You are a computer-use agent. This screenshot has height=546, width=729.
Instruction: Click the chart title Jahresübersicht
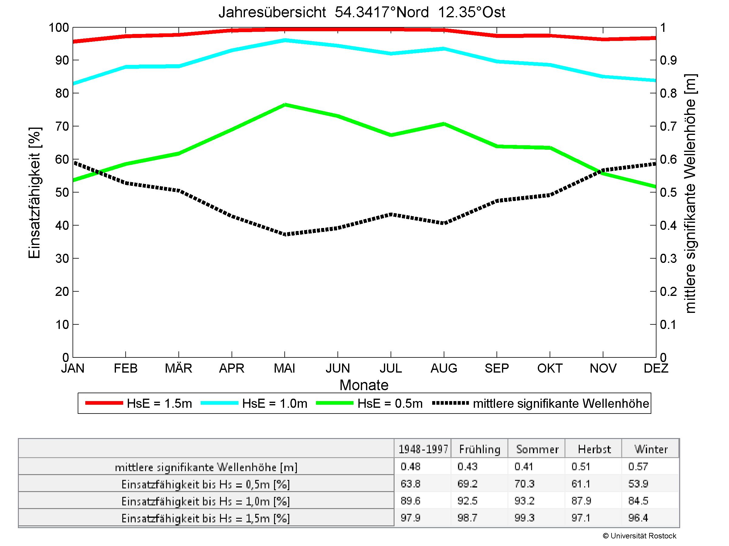pyautogui.click(x=361, y=12)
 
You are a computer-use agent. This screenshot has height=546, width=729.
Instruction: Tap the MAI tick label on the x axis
pyautogui.click(x=284, y=368)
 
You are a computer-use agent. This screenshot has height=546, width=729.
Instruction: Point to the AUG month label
pyautogui.click(x=444, y=368)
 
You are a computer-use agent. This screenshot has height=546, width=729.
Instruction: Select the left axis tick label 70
pyautogui.click(x=62, y=126)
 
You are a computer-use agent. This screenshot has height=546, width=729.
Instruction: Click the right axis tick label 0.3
pyautogui.click(x=668, y=259)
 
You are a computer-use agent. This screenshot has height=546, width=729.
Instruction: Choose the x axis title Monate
pyautogui.click(x=364, y=385)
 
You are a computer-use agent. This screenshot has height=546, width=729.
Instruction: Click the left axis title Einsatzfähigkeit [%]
pyautogui.click(x=34, y=193)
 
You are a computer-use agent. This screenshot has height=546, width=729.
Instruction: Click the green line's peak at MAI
pyautogui.click(x=285, y=105)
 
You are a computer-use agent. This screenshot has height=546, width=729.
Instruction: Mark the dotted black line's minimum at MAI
pyautogui.click(x=285, y=235)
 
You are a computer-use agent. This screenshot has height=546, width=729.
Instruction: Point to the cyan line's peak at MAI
pyautogui.click(x=285, y=40)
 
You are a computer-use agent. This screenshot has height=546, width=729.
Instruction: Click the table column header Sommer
pyautogui.click(x=537, y=449)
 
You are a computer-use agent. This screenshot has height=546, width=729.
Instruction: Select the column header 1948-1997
pyautogui.click(x=423, y=449)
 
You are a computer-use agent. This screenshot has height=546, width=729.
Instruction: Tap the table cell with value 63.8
pyautogui.click(x=410, y=484)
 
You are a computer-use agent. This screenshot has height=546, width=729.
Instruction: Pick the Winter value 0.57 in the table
pyautogui.click(x=638, y=467)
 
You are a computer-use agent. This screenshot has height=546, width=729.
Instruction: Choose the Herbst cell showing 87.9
pyautogui.click(x=581, y=501)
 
